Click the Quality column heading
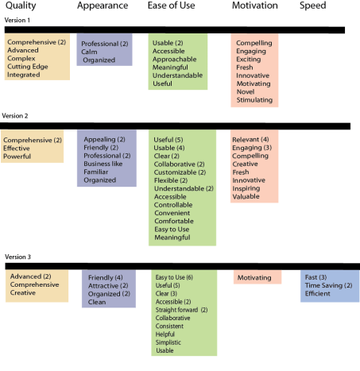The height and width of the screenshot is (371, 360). (21, 6)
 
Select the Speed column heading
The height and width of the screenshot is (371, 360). (313, 6)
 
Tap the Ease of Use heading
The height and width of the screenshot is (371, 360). (171, 6)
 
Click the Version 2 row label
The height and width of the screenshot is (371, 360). (15, 116)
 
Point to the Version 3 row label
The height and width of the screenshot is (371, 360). (17, 257)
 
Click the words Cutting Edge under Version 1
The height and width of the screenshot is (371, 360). (28, 67)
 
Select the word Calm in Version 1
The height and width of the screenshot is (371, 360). (89, 52)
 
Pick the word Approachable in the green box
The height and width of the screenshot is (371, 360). (174, 60)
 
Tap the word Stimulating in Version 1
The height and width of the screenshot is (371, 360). (254, 100)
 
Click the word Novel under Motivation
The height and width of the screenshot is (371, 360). (246, 91)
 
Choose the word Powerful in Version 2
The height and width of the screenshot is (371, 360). (17, 157)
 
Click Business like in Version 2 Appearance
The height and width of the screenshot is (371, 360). (103, 164)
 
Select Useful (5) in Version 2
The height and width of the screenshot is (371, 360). (168, 140)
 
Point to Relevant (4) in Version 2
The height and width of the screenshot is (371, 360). (250, 139)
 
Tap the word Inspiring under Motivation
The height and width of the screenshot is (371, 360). (246, 188)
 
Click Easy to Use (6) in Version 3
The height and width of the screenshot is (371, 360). (174, 277)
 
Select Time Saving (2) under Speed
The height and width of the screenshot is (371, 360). (328, 285)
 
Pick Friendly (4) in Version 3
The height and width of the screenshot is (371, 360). (105, 277)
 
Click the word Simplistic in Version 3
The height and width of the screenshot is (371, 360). (168, 342)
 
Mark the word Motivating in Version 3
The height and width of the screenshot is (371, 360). (254, 278)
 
